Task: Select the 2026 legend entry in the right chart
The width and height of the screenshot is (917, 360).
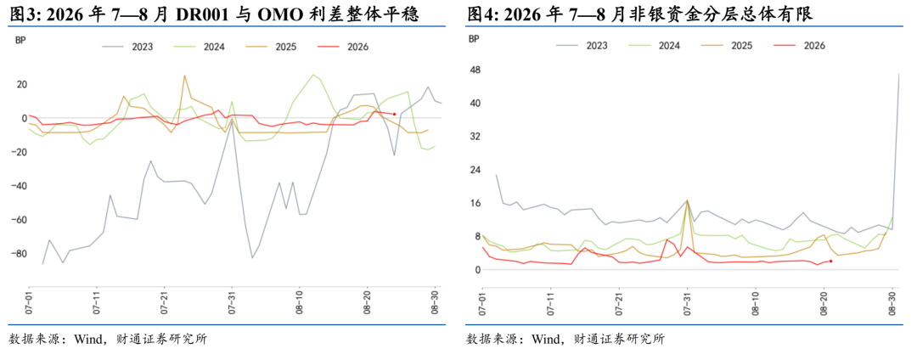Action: (x=798, y=45)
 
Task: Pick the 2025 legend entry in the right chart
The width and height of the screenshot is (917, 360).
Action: (x=726, y=45)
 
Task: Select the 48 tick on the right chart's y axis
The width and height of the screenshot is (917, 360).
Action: (x=475, y=70)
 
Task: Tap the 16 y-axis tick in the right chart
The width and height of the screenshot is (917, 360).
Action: (x=475, y=204)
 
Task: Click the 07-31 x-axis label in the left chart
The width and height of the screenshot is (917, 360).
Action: (x=232, y=305)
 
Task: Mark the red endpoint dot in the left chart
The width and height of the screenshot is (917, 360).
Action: (x=394, y=114)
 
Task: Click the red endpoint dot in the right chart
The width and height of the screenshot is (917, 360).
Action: (x=830, y=262)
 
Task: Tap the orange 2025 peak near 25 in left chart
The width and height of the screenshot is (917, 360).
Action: (x=184, y=76)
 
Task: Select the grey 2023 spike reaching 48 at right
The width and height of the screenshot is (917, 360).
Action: (x=899, y=75)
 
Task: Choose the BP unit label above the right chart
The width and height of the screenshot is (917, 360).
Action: (x=475, y=39)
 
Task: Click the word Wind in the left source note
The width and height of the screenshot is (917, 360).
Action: (x=87, y=339)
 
